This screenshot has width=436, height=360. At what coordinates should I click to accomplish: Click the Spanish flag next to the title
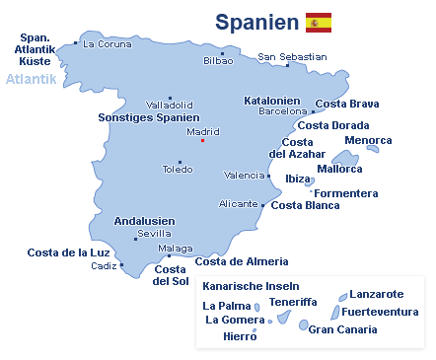click(x=319, y=23)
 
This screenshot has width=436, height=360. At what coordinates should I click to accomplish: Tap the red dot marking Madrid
click(x=202, y=140)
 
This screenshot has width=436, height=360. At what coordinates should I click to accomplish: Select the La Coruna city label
click(x=108, y=43)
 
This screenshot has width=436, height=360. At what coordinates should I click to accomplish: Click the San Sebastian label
click(x=292, y=57)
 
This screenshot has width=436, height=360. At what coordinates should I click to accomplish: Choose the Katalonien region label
click(x=273, y=101)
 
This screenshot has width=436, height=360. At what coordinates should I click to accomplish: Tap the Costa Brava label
click(x=347, y=104)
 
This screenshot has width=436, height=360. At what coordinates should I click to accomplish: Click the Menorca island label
click(x=368, y=140)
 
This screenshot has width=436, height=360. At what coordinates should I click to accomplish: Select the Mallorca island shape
click(x=345, y=158)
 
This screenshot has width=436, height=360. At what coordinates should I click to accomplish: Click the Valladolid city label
click(x=169, y=105)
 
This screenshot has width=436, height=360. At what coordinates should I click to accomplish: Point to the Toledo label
click(x=178, y=170)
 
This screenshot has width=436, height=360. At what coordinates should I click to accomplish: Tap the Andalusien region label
click(x=145, y=221)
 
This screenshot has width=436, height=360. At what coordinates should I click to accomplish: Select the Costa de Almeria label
click(x=242, y=261)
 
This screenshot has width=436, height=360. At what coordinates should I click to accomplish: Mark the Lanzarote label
click(x=377, y=294)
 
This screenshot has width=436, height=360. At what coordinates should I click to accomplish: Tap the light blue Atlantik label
click(x=32, y=79)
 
